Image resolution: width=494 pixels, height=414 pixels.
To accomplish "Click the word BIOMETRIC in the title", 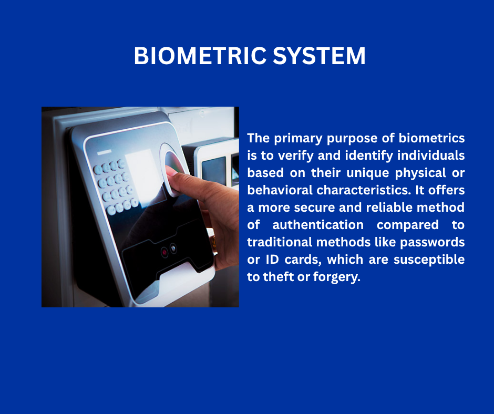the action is pos(200,56).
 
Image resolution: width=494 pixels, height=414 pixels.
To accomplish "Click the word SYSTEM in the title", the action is pos(319,56).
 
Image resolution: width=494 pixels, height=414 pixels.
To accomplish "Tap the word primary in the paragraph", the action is pos(298,139).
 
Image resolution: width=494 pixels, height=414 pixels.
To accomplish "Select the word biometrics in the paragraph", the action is pos(431,138).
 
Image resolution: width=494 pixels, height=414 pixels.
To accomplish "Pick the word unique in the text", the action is pos(368,173).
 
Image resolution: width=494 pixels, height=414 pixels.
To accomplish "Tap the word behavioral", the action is pos(279,190).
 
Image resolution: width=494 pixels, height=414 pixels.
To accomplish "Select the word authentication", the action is pos(318,225).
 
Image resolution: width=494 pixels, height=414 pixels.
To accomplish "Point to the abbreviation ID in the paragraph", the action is pos(272,260).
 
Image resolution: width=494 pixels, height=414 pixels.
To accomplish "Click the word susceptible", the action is pos(429,260).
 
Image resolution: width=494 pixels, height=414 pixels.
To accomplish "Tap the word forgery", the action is pos(336,277).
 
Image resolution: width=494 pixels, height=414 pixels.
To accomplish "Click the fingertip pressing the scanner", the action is pos(171,171).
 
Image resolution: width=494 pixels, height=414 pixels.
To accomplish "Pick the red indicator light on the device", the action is pos(164,252).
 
